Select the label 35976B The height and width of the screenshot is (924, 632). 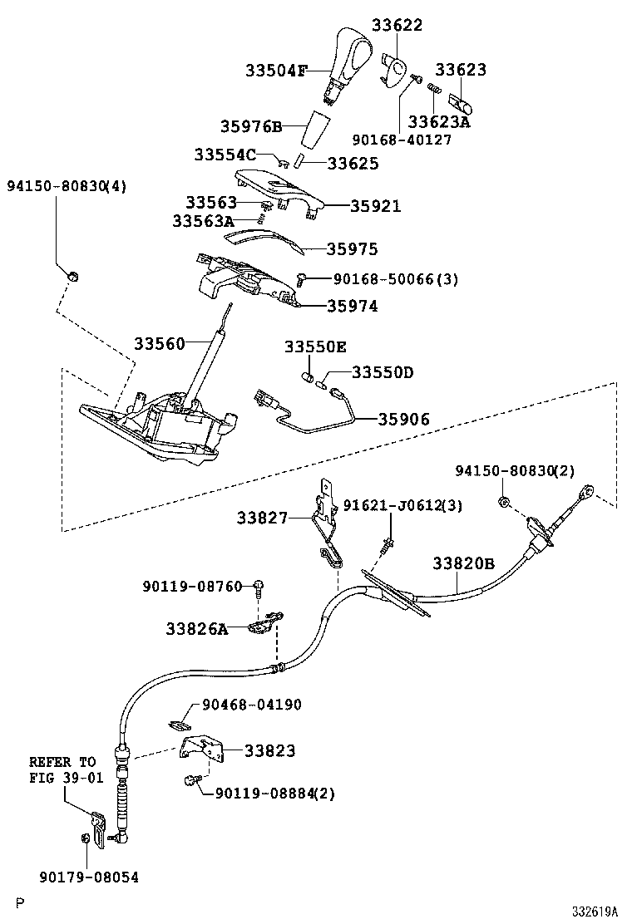pyautogui.click(x=251, y=126)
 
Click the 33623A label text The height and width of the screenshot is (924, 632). pyautogui.click(x=439, y=122)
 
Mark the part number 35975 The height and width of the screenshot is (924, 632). pyautogui.click(x=352, y=249)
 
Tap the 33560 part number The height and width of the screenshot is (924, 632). pyautogui.click(x=160, y=343)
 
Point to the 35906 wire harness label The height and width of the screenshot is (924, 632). pyautogui.click(x=405, y=420)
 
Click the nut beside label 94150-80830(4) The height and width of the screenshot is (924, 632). pyautogui.click(x=72, y=277)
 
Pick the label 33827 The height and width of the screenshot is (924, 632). pyautogui.click(x=261, y=518)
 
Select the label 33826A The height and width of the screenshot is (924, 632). pyautogui.click(x=196, y=629)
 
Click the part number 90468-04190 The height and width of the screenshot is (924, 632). pyautogui.click(x=251, y=705)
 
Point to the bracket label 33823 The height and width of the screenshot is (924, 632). pyautogui.click(x=269, y=750)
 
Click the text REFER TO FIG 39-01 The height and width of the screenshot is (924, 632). pyautogui.click(x=62, y=769)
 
